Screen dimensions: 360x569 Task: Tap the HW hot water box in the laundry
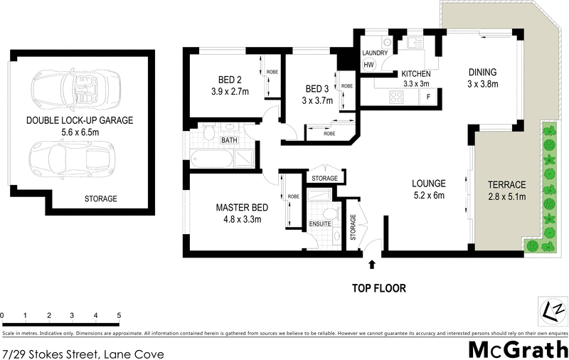point(368,65)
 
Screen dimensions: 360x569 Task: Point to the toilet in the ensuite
point(328,214)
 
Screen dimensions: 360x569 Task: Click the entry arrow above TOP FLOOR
point(371,265)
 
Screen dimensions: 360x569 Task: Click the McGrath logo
point(517,349)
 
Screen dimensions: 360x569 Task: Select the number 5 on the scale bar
point(119,314)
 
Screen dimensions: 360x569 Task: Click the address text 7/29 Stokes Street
point(83,354)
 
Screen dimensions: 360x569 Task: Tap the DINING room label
point(482,73)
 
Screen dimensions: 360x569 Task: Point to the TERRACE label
point(506,184)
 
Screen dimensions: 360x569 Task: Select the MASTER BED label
point(242,208)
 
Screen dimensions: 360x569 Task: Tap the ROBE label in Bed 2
point(272,72)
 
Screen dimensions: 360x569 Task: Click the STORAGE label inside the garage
point(100,198)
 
